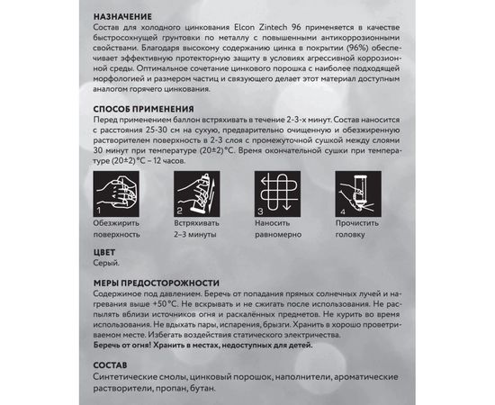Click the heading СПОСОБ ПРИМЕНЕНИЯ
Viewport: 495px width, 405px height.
click(x=148, y=109)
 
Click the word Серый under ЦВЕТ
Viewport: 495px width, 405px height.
click(x=106, y=265)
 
